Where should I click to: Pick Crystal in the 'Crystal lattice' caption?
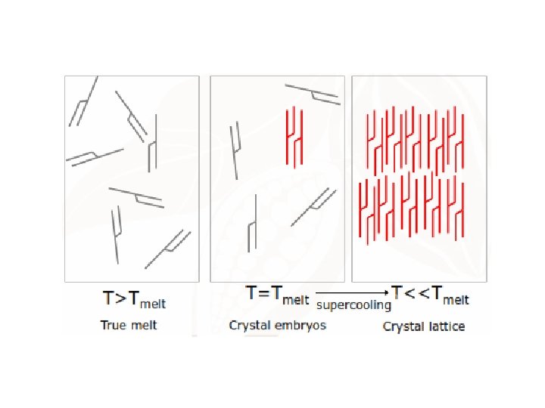(x=407, y=326)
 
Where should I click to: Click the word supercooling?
(x=353, y=305)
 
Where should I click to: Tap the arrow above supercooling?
(x=352, y=292)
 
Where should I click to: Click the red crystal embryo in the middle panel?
(x=294, y=137)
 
